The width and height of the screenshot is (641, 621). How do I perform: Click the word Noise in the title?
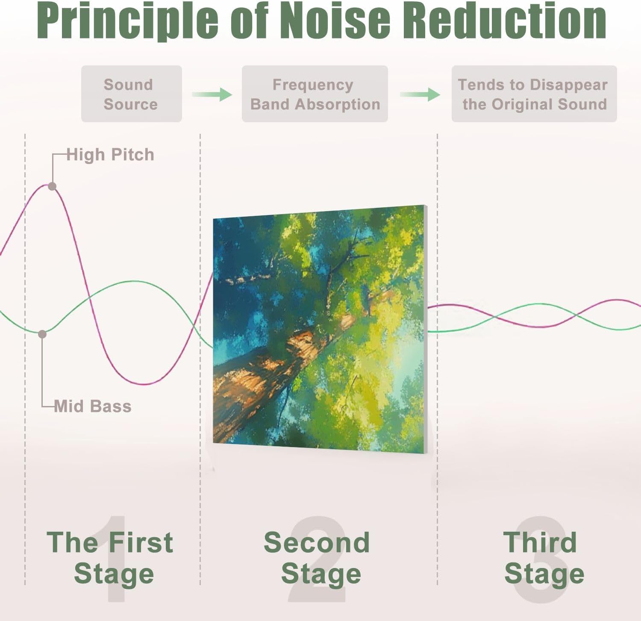[335, 21]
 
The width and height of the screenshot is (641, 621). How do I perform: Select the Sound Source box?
[132, 94]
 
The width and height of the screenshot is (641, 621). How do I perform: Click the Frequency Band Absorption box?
[315, 94]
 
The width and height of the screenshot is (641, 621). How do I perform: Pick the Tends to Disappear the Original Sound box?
[534, 94]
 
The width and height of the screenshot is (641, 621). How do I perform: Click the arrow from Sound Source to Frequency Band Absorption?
[212, 94]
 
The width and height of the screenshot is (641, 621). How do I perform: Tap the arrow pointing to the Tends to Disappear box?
[420, 94]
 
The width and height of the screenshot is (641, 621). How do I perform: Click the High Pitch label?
[110, 155]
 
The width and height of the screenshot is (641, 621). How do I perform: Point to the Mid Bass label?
[93, 406]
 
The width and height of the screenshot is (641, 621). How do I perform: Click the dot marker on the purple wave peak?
[52, 186]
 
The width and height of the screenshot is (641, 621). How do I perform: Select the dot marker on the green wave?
[42, 334]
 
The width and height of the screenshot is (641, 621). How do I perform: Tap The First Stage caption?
[110, 558]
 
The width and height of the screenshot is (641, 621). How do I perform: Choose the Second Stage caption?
[317, 558]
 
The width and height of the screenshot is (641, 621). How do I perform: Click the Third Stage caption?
[544, 558]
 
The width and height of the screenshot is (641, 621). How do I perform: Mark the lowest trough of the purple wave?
[145, 384]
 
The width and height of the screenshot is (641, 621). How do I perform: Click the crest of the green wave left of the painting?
[135, 282]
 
